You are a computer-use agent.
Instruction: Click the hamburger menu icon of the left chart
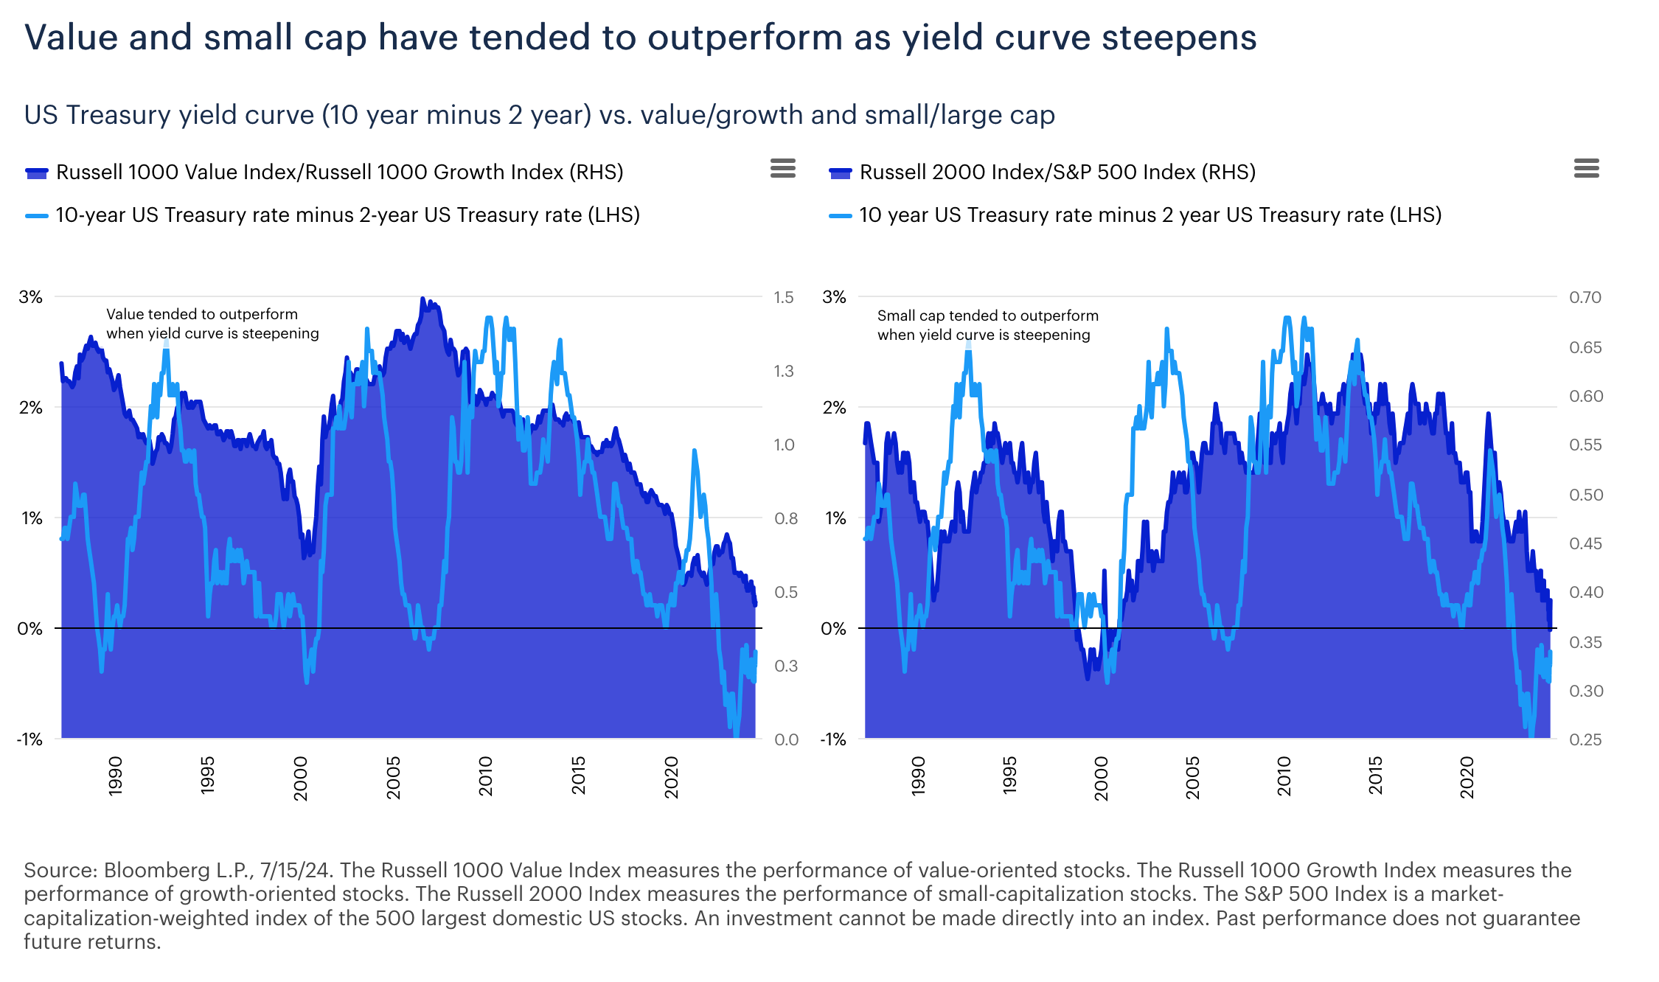(x=782, y=169)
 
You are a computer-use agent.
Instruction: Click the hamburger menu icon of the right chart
(x=1586, y=169)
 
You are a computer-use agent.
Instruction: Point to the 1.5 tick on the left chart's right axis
(x=783, y=297)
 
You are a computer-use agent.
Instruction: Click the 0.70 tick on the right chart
(x=1585, y=297)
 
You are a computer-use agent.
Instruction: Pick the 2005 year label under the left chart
(x=393, y=777)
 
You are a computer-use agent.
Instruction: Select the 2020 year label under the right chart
(x=1467, y=777)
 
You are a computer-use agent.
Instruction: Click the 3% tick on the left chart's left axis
(x=31, y=297)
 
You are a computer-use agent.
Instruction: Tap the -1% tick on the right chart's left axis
(x=833, y=739)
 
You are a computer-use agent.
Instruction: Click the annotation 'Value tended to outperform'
(x=202, y=315)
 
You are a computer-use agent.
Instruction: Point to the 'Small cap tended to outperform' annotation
(x=987, y=316)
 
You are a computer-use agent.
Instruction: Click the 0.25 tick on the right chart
(x=1585, y=739)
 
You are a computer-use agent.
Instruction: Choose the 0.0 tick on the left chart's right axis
(x=786, y=739)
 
